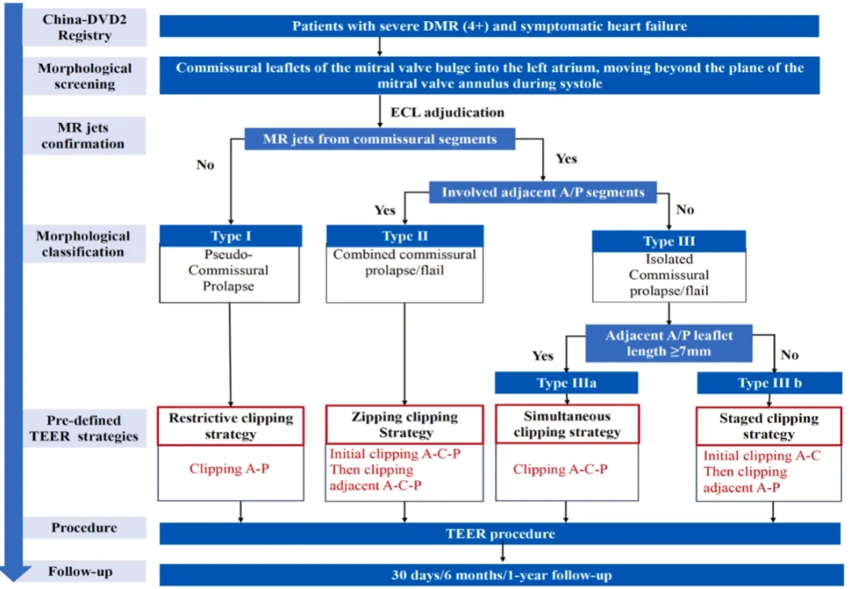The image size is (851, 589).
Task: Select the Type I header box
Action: [230, 235]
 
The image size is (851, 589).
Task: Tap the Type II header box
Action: [404, 236]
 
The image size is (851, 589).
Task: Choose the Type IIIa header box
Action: [567, 382]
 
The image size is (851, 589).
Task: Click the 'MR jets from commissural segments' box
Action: [381, 140]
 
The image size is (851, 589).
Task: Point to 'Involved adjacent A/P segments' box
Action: [543, 192]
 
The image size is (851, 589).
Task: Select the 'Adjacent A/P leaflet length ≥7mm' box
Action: [669, 343]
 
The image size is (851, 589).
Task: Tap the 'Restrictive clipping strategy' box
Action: [230, 426]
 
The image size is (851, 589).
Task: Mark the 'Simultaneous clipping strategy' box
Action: [567, 424]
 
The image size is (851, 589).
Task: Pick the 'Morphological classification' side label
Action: [84, 244]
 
